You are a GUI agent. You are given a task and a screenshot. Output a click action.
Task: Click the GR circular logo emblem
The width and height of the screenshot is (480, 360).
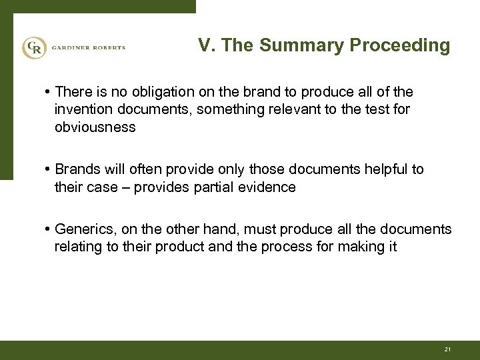pyautogui.click(x=33, y=48)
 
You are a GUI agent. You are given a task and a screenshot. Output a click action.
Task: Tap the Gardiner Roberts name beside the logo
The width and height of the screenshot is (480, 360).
pyautogui.click(x=86, y=48)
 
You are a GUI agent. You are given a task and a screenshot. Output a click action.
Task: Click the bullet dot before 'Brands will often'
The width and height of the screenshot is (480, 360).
pyautogui.click(x=49, y=170)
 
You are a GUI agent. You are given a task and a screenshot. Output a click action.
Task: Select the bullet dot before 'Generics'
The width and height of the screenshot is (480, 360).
pyautogui.click(x=49, y=230)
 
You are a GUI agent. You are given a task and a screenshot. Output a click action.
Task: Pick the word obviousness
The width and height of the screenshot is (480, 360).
pyautogui.click(x=95, y=127)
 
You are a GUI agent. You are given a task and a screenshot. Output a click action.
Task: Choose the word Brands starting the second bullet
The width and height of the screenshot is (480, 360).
pyautogui.click(x=77, y=170)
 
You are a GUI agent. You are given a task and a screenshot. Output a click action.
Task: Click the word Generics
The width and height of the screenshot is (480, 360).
pyautogui.click(x=83, y=229)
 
